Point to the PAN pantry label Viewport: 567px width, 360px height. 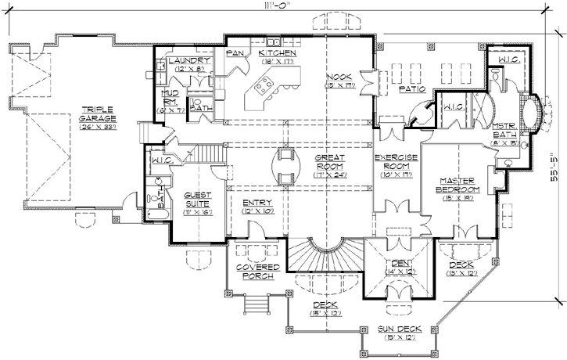coord(232,53)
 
